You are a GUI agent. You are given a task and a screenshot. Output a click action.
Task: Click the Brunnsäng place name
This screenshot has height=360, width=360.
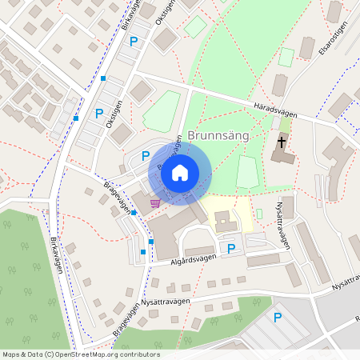[219, 137]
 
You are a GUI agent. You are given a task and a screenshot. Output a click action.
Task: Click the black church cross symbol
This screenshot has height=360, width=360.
[282, 142]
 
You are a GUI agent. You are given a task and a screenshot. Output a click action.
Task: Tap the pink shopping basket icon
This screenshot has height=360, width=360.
[154, 202]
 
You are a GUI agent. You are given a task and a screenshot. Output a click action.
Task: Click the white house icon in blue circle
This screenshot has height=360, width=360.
[180, 172]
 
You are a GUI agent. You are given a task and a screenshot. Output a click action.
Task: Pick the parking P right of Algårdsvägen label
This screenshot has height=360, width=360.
[231, 249]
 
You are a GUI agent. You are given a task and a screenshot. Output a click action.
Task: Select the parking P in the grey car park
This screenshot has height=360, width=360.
[278, 318]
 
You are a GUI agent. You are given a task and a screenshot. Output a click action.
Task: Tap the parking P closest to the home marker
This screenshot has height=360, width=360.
[146, 156]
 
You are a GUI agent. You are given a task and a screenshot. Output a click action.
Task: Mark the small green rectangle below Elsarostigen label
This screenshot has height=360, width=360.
[286, 58]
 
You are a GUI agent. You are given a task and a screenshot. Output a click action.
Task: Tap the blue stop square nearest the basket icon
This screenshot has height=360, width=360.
[133, 213]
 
